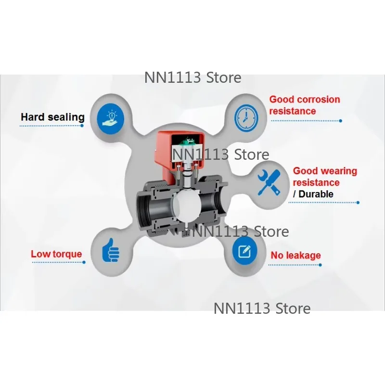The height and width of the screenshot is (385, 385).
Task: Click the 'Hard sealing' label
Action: coord(52,117)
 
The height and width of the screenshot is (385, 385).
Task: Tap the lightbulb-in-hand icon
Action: coord(111,118)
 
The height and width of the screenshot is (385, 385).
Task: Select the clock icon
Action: coord(246,117)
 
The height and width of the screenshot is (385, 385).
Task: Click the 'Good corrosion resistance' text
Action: coord(305,105)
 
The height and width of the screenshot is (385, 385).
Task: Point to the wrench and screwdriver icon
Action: coord(269,183)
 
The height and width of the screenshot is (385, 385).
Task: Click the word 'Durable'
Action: coord(316,194)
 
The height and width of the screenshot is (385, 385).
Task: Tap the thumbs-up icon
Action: coord(111,250)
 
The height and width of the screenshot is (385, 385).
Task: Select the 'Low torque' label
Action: coord(56,254)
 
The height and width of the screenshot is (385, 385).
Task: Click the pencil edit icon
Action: coord(244,251)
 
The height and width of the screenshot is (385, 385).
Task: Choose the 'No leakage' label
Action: coord(295,256)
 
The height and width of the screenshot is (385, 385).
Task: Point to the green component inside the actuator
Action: coord(187,142)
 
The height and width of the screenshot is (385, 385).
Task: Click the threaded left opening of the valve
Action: coord(143,209)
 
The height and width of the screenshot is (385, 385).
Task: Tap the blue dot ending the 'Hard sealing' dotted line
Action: coord(82,126)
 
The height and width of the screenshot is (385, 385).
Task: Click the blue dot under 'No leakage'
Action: coord(320,265)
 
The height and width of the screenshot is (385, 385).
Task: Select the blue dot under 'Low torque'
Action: coord(84,262)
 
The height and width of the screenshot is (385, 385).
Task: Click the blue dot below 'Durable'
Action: coord(358,203)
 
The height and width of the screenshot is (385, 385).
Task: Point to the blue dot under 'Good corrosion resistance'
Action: coord(340,121)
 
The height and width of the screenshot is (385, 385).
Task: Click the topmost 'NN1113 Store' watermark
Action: coord(193,77)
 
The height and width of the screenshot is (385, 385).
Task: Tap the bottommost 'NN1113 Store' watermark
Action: coord(262,308)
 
